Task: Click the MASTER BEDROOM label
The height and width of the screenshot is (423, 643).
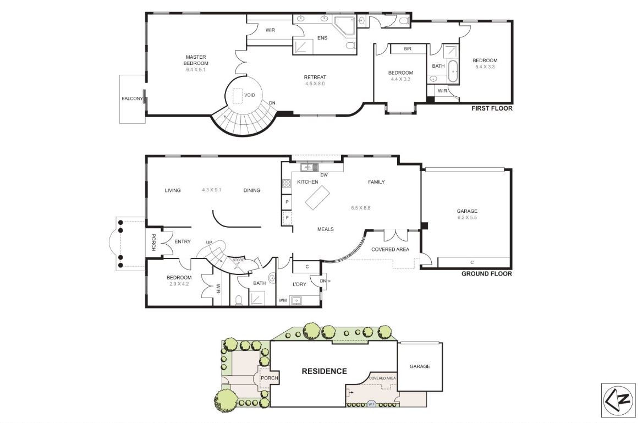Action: tap(196, 60)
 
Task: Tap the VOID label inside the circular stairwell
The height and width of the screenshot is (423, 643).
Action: tap(249, 95)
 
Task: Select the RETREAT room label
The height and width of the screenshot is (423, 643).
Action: tap(315, 77)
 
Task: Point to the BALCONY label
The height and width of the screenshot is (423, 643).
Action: tap(132, 99)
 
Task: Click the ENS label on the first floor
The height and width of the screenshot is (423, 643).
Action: tap(322, 38)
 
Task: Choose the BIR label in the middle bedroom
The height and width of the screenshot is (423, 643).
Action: tap(408, 49)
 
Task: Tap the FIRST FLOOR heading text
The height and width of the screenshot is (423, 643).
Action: tap(492, 108)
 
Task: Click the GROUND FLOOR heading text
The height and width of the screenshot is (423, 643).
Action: tap(486, 273)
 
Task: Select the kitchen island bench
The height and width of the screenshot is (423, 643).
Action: tap(316, 197)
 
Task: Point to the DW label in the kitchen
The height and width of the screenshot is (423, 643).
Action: tap(324, 175)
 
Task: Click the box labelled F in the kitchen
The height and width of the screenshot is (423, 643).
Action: tap(287, 218)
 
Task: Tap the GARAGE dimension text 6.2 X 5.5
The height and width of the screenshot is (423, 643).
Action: tap(466, 218)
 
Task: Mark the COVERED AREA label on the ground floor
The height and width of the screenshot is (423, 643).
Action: tap(390, 249)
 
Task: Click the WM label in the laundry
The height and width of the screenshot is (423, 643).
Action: tap(283, 300)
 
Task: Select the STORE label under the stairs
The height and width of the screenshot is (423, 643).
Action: tap(238, 260)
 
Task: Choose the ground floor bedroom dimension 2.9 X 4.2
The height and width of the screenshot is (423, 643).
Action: tap(179, 284)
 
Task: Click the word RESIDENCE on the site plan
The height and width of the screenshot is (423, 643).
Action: tap(324, 371)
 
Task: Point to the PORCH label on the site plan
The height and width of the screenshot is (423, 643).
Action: tap(270, 378)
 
